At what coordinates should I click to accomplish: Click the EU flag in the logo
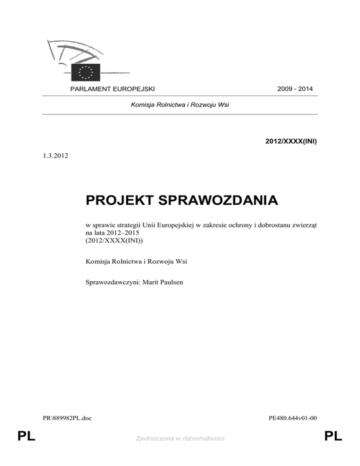pyautogui.click(x=85, y=71)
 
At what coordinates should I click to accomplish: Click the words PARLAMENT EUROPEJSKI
pyautogui.click(x=112, y=89)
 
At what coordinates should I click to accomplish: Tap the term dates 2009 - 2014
pyautogui.click(x=295, y=89)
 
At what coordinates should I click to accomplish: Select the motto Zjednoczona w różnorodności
pyautogui.click(x=180, y=438)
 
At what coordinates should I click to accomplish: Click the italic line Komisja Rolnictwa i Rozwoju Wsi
pyautogui.click(x=180, y=105)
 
